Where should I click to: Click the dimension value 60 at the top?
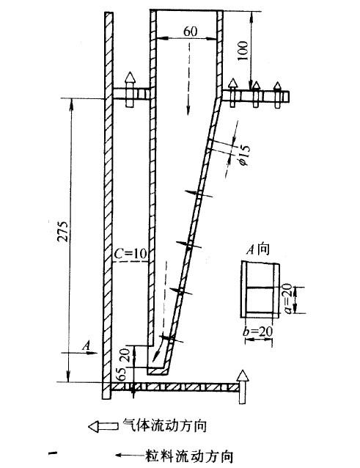tap(191, 31)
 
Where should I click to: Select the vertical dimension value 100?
tap(243, 51)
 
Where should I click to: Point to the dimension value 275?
tap(64, 231)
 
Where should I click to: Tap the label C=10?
tap(131, 253)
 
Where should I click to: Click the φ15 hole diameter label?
tap(243, 155)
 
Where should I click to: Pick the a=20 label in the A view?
tap(287, 299)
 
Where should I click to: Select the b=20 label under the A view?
tap(257, 332)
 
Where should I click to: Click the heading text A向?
tap(258, 249)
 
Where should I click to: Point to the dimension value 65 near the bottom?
tap(121, 373)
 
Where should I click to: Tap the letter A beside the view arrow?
tap(86, 346)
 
